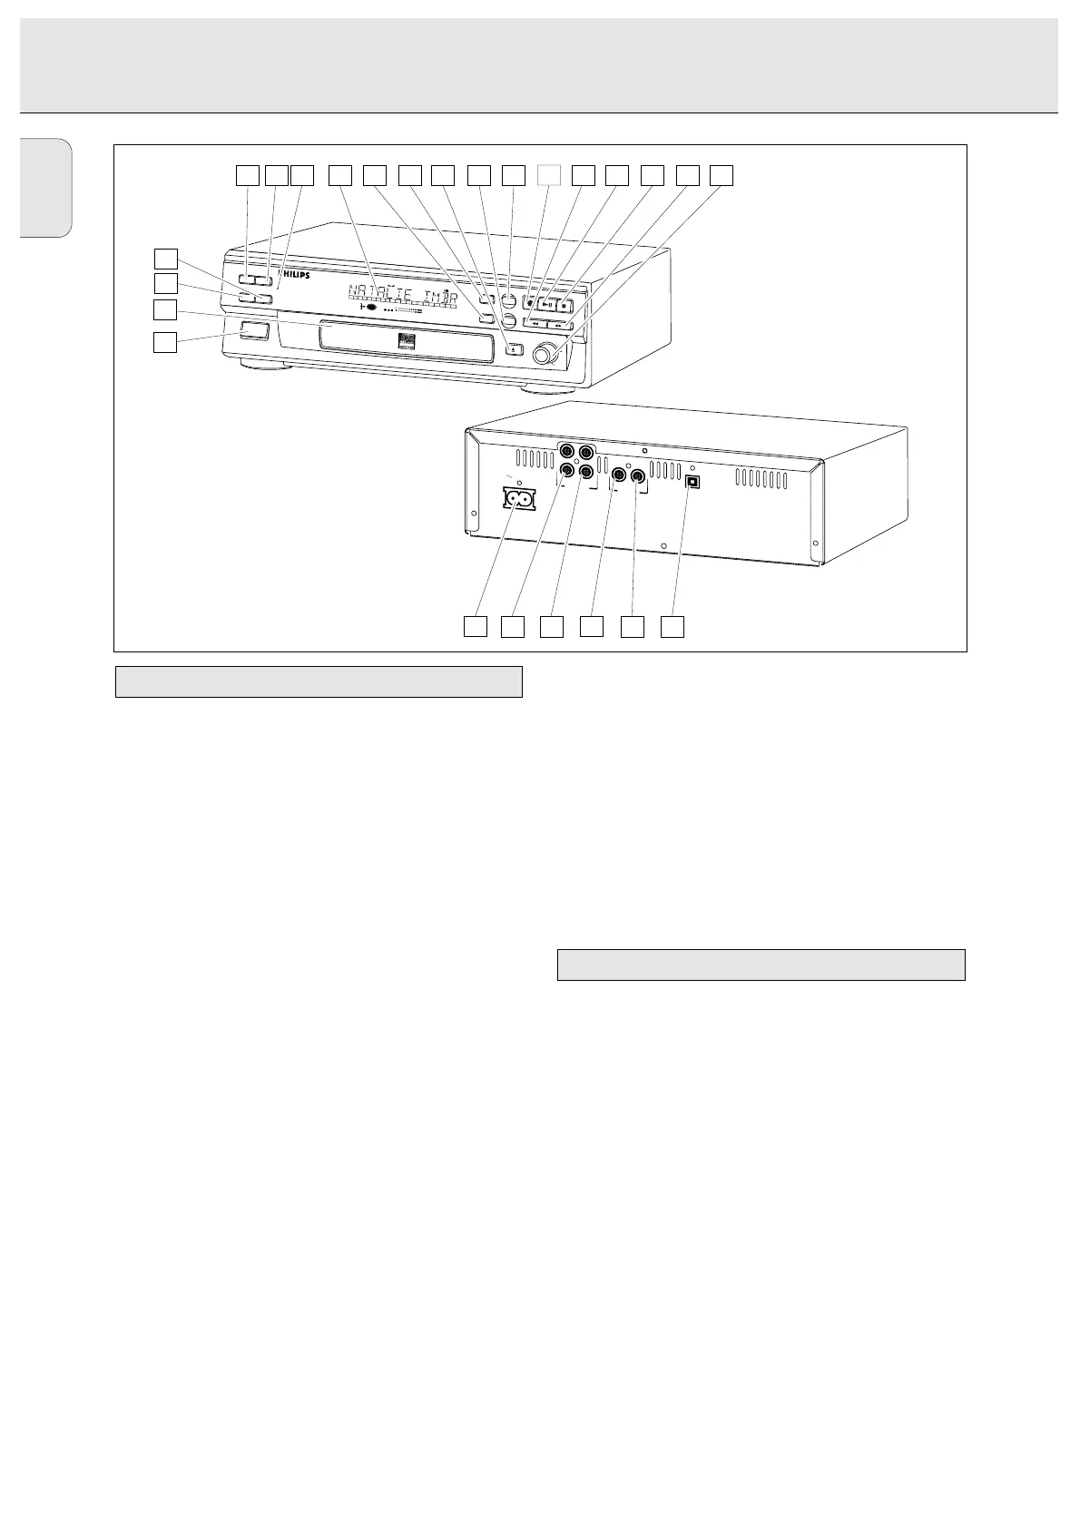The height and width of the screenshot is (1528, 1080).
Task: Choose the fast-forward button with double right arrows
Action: [x=559, y=324]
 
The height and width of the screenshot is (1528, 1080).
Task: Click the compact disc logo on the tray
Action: [x=405, y=343]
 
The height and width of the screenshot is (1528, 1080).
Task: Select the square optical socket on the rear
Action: [x=692, y=482]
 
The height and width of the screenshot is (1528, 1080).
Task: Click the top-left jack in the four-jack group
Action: [x=567, y=451]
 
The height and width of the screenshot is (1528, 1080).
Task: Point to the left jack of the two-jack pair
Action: [x=619, y=474]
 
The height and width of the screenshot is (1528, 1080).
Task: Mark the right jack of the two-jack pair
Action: [x=637, y=474]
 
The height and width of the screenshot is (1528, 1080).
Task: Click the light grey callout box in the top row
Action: [x=548, y=174]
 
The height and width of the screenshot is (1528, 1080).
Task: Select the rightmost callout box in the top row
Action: [x=721, y=174]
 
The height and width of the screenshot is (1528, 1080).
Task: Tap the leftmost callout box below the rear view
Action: [x=475, y=626]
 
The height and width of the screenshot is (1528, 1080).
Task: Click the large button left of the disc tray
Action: [x=255, y=331]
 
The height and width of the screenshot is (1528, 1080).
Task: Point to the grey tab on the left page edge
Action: [x=45, y=188]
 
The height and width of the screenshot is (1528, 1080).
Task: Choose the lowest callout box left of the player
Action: [x=164, y=342]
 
